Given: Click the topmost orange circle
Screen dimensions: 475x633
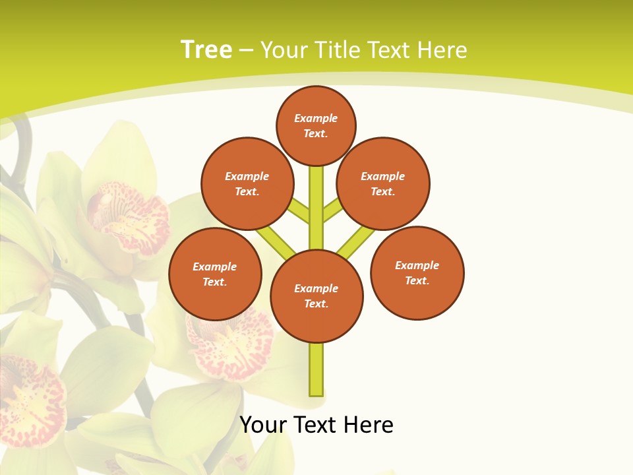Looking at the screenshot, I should pyautogui.click(x=316, y=125).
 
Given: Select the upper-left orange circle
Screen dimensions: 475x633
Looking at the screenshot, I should pyautogui.click(x=247, y=183).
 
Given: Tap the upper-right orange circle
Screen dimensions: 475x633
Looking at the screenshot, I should pyautogui.click(x=383, y=183).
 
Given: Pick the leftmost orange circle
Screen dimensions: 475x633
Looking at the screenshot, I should pyautogui.click(x=215, y=274).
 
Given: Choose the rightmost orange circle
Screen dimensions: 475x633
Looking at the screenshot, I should pyautogui.click(x=417, y=273).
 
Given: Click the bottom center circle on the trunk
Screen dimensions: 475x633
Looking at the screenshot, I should pyautogui.click(x=316, y=296).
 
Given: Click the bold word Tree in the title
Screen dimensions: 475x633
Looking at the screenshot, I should pyautogui.click(x=206, y=49).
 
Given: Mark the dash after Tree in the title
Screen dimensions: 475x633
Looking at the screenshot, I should pyautogui.click(x=246, y=50).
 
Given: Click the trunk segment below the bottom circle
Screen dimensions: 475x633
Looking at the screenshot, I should pyautogui.click(x=316, y=369).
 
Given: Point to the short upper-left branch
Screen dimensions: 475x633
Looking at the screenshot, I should pyautogui.click(x=299, y=210).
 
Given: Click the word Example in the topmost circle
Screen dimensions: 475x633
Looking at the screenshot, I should pyautogui.click(x=316, y=118).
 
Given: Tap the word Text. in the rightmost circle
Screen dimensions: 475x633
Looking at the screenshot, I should pyautogui.click(x=417, y=280).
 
